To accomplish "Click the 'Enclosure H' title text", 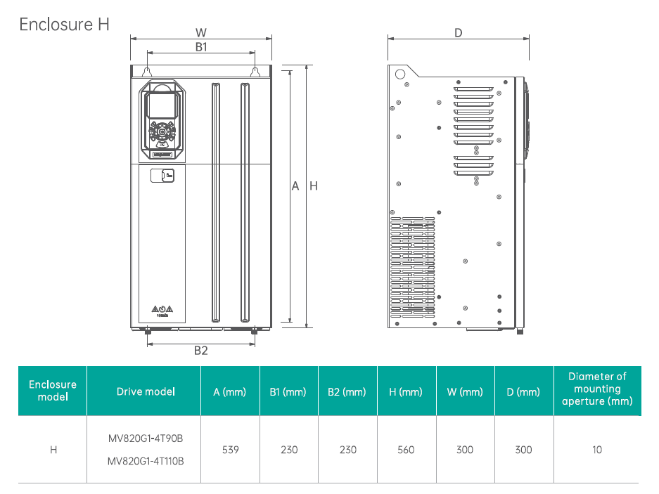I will pos(65,24).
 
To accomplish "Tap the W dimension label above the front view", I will pos(200,32).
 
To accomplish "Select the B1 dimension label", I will pos(200,46).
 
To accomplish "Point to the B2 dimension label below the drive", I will pos(200,351).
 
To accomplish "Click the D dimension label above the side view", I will pos(458,32).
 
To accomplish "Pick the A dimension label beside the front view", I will pos(295,186).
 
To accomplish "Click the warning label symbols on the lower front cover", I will pos(162,310).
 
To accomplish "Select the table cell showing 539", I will pos(230,450).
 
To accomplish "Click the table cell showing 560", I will pos(406,450).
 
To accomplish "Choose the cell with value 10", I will pos(596,450).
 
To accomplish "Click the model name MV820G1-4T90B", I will pos(146,438).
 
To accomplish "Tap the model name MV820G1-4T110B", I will pos(146,462).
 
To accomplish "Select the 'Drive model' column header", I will pos(146,391).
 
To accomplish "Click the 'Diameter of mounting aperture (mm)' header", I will pos(596,389).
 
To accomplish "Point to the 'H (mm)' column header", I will pos(406,391).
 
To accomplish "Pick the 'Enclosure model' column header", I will pos(53,391).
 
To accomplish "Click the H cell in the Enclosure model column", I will pos(53,450).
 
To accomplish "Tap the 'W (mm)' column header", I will pos(465,391).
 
